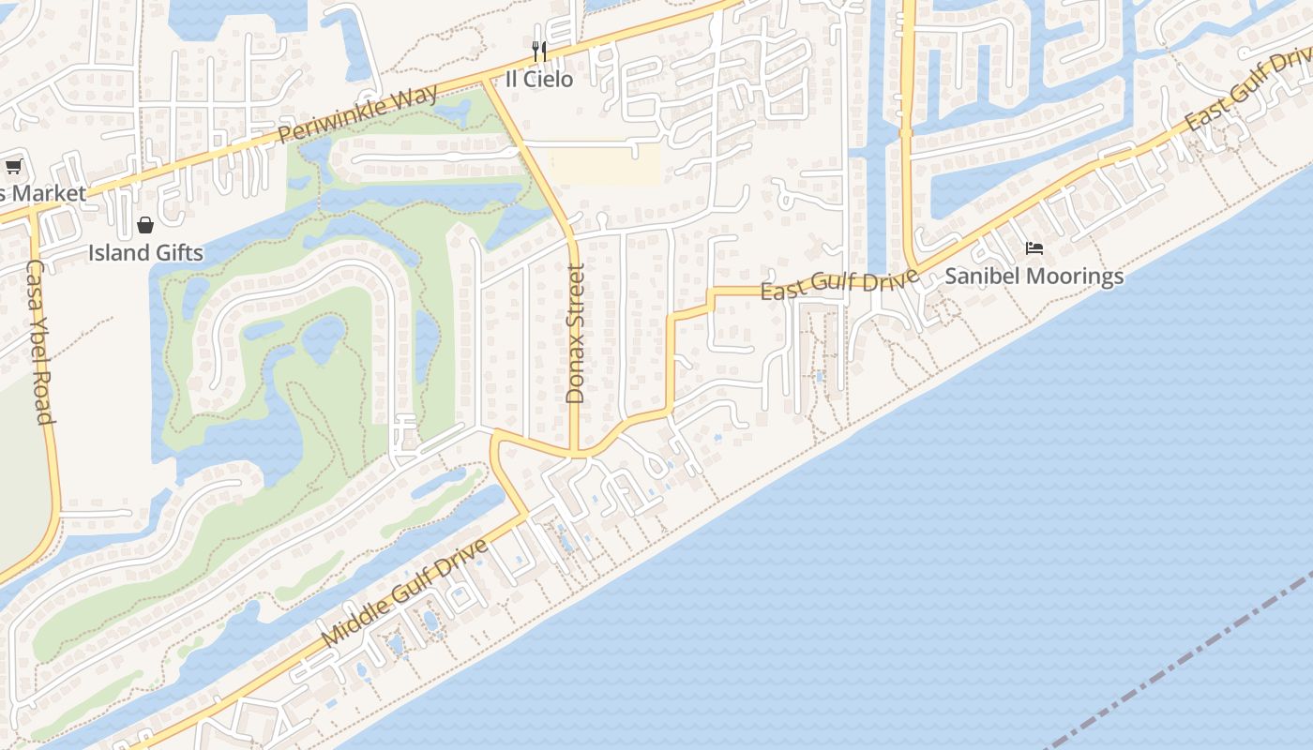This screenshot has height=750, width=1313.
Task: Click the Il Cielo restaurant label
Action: coord(538,79)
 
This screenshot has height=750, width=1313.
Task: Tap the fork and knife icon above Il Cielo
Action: coord(538,51)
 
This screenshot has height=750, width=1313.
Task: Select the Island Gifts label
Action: coord(145,252)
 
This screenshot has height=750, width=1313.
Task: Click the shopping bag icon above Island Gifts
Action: coord(145,225)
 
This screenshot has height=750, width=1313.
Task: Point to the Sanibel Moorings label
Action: coord(1034,276)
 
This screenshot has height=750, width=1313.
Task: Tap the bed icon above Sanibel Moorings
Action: coord(1034,248)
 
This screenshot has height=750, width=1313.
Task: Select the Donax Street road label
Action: coord(575,333)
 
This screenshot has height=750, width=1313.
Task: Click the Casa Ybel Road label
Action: coord(38,342)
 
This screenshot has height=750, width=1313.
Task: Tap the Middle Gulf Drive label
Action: coord(405,592)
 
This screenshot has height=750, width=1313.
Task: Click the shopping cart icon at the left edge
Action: coord(13,167)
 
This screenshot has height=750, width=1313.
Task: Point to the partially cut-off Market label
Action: coord(43,194)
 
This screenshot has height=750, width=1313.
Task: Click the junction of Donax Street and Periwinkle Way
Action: coord(484,82)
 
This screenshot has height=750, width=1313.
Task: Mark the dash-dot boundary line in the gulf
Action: coord(1191,656)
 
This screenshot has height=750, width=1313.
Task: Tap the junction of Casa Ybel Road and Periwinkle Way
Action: coord(32,210)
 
